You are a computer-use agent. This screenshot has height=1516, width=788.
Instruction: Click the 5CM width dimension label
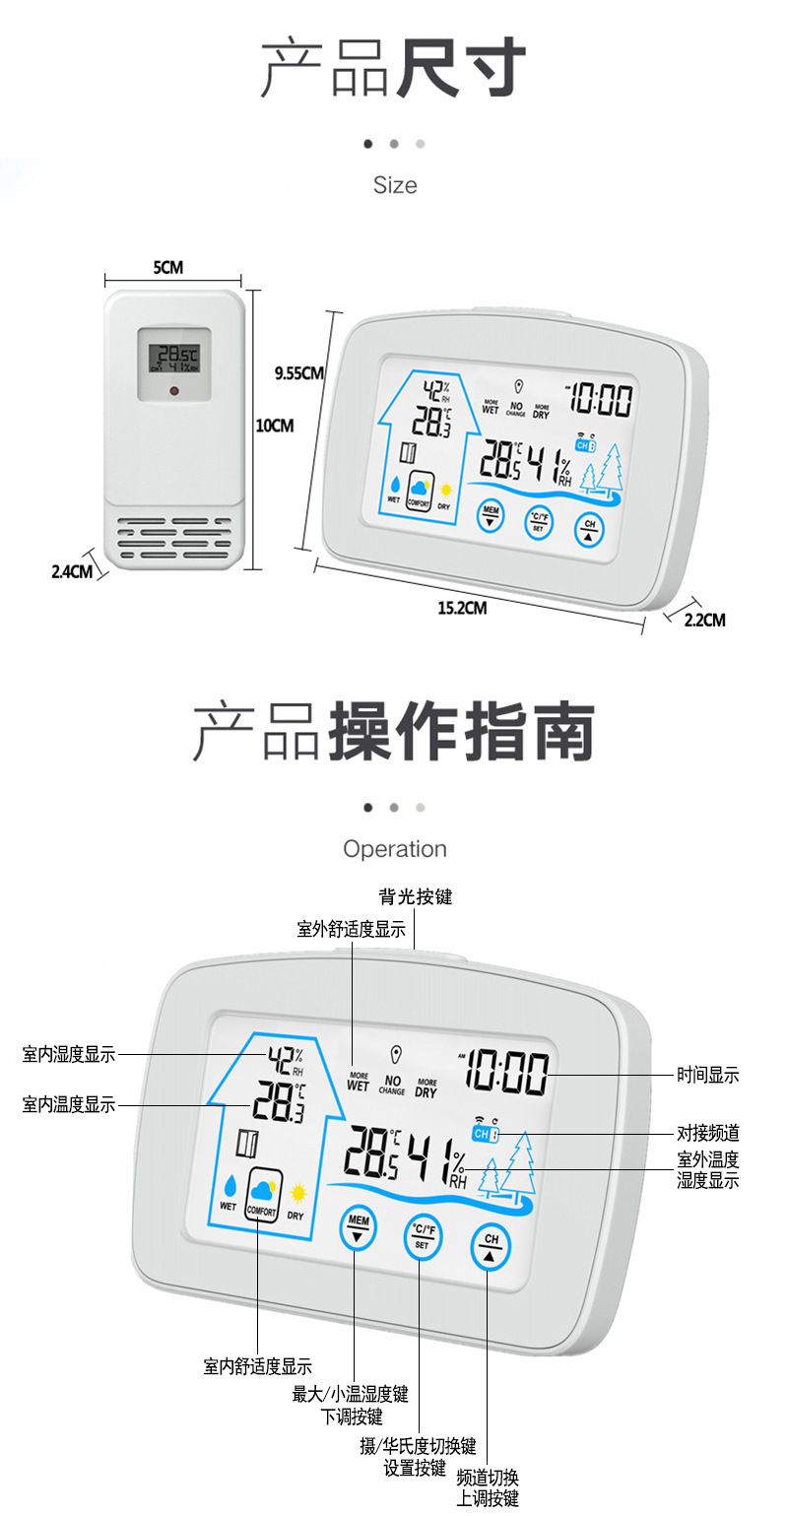click(x=167, y=267)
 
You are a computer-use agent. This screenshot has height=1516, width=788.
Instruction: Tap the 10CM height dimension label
click(x=275, y=426)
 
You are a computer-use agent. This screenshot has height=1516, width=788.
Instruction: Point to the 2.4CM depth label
click(x=71, y=570)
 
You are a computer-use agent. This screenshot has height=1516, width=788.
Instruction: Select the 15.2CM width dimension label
click(x=462, y=608)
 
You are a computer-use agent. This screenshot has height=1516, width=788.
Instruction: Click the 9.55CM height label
click(x=298, y=372)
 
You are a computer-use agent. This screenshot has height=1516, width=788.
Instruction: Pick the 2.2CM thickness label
click(x=704, y=620)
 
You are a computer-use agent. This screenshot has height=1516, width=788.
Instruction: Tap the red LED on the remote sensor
click(x=173, y=391)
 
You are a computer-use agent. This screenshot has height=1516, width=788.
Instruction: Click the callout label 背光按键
click(x=415, y=896)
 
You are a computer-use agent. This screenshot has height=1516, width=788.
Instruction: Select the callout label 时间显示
click(x=707, y=1076)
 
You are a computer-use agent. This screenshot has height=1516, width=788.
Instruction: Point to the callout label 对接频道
click(x=707, y=1134)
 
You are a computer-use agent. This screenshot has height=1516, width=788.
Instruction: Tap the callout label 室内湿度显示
click(x=69, y=1055)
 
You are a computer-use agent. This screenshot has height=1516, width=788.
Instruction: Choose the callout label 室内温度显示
click(x=69, y=1105)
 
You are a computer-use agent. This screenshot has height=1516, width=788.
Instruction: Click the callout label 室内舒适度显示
click(x=258, y=1366)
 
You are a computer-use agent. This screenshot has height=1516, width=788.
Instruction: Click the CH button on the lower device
click(x=492, y=1245)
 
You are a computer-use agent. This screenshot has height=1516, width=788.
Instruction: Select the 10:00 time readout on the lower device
click(x=508, y=1072)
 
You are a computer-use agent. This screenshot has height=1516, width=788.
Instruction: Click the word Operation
click(x=394, y=849)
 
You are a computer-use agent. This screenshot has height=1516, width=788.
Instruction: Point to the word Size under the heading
click(x=394, y=185)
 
